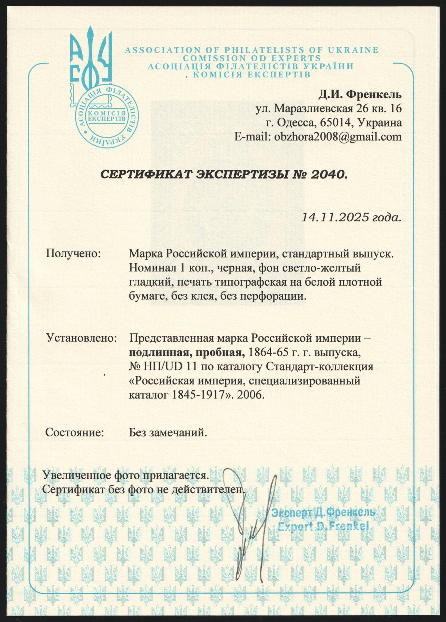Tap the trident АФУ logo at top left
[90, 59]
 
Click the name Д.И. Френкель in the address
[360, 95]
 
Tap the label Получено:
[73, 253]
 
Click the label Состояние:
[75, 432]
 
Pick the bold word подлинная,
[159, 352]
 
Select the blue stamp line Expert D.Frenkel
[323, 526]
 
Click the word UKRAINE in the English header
[353, 50]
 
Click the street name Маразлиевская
[313, 109]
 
